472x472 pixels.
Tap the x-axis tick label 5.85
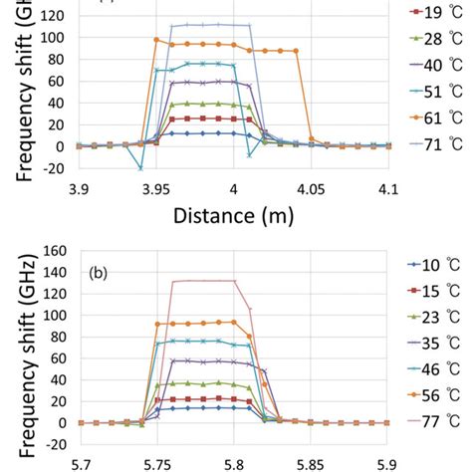click(311, 462)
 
